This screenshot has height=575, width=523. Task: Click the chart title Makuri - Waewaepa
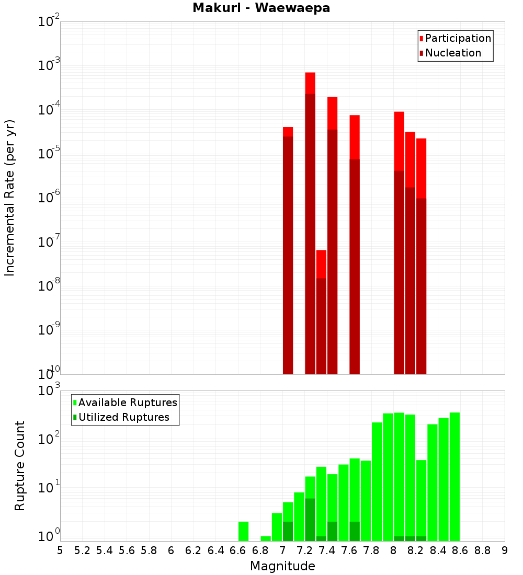pyautogui.click(x=261, y=8)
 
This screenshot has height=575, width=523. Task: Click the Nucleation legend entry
pyautogui.click(x=452, y=53)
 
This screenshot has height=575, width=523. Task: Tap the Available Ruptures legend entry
pyautogui.click(x=127, y=402)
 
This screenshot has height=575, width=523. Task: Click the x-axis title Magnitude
pyautogui.click(x=282, y=566)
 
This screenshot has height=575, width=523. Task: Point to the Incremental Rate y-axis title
pyautogui.click(x=10, y=198)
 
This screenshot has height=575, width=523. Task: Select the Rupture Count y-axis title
pyautogui.click(x=20, y=465)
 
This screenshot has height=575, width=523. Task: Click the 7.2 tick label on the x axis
pyautogui.click(x=304, y=550)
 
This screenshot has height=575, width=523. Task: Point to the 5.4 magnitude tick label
pyautogui.click(x=105, y=550)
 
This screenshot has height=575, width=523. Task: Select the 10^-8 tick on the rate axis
pyautogui.click(x=49, y=286)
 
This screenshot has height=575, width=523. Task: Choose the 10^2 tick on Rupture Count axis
pyautogui.click(x=49, y=439)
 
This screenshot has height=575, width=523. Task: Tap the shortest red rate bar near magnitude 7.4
pyautogui.click(x=321, y=314)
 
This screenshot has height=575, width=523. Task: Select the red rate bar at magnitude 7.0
pyautogui.click(x=288, y=251)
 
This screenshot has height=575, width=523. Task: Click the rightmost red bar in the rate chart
pyautogui.click(x=422, y=256)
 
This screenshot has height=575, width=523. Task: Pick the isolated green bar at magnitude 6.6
pyautogui.click(x=243, y=531)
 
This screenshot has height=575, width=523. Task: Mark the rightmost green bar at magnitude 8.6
pyautogui.click(x=454, y=476)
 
